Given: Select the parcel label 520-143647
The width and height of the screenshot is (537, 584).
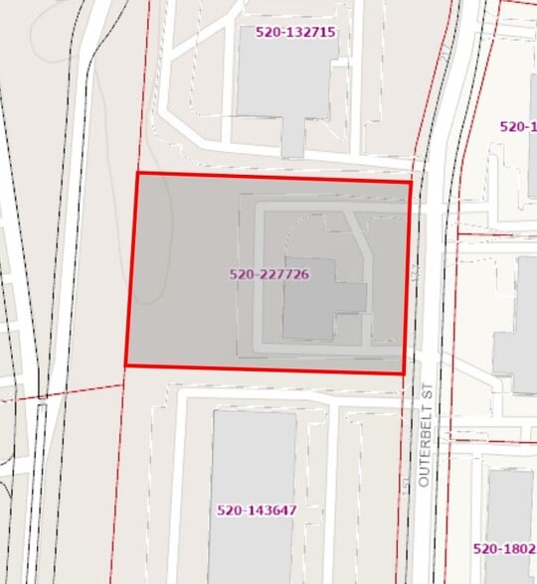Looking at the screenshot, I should point(257,511).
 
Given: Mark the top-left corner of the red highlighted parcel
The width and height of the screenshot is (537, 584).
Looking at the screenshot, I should point(136,173).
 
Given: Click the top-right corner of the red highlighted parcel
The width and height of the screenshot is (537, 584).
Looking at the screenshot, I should point(410,182).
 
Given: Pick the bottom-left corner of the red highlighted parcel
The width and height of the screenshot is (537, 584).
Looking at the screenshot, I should point(125,365).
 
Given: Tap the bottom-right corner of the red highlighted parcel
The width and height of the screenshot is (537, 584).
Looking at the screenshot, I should point(403,373).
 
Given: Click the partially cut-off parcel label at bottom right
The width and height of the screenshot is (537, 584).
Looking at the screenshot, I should point(504,548).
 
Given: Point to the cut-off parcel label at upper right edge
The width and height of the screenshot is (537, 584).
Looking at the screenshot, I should point(517,126).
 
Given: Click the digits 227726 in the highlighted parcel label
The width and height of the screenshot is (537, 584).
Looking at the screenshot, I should point(282,274).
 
